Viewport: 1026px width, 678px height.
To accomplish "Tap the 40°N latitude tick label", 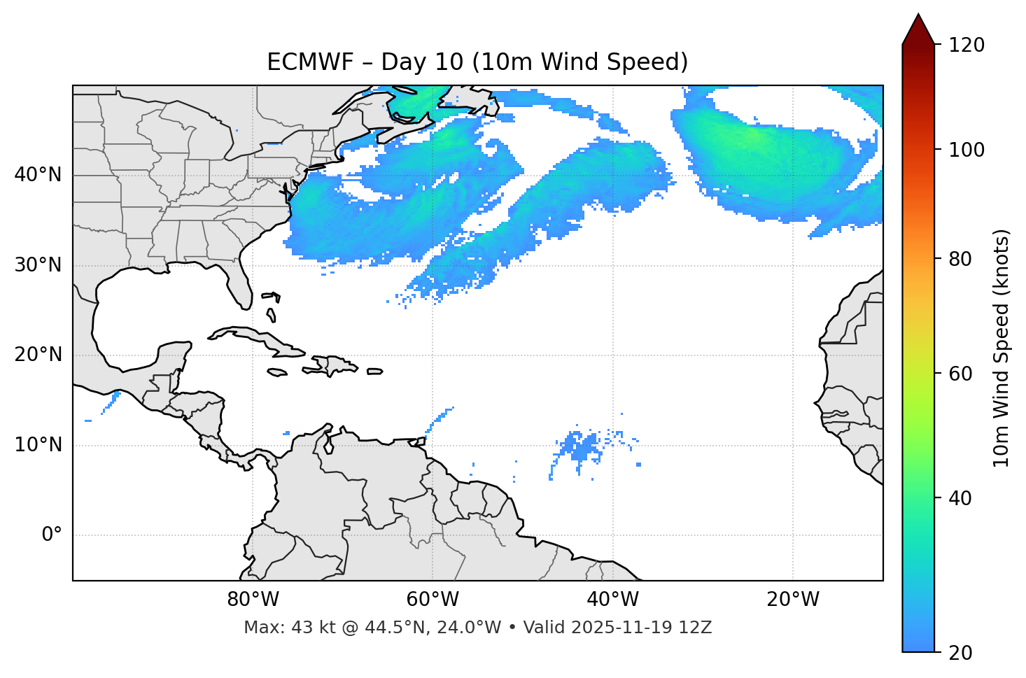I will [38, 175].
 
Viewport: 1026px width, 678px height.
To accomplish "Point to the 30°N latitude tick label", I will [38, 265].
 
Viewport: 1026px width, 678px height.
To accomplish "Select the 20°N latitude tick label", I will [38, 355].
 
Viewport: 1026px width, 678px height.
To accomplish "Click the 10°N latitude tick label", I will [38, 445].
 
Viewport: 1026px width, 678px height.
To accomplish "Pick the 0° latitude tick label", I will [51, 535].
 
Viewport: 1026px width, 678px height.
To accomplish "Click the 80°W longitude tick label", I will [253, 600].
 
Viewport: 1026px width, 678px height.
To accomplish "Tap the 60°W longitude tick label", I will [433, 600].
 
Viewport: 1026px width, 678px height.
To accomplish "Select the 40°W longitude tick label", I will [612, 600].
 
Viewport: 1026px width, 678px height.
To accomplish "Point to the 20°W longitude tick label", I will [793, 600].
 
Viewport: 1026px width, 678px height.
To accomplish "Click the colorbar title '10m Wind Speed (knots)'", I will [1002, 348].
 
